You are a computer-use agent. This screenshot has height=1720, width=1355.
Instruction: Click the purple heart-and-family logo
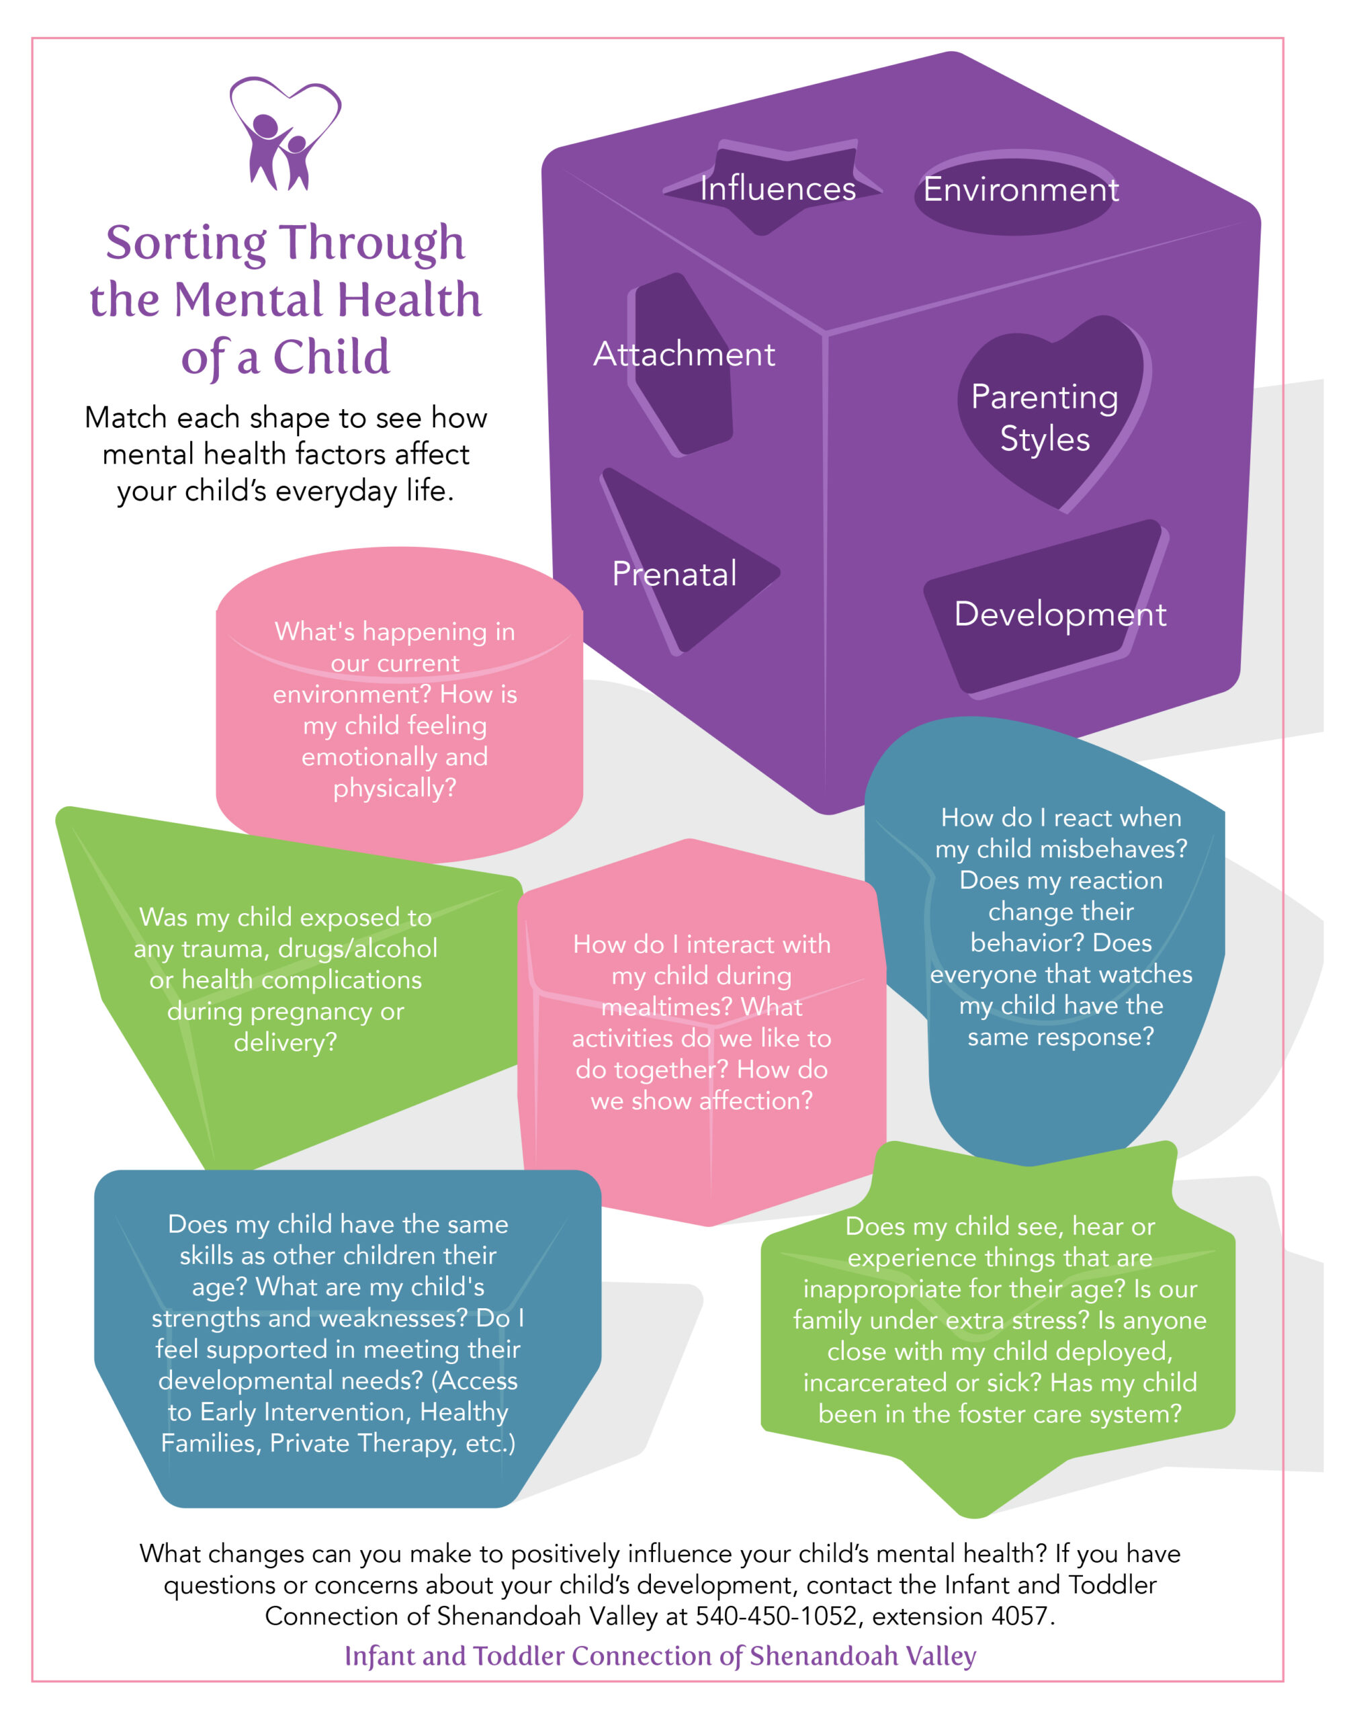coord(285,133)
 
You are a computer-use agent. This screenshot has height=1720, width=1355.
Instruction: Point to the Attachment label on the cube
coord(684,354)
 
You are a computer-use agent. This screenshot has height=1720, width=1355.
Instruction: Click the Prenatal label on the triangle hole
coord(674,574)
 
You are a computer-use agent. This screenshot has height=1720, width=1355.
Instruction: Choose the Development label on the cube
coord(1059,614)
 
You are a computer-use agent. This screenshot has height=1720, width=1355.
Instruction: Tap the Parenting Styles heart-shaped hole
coord(1045,417)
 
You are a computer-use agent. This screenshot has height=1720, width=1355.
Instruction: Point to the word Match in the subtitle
coord(126,418)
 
